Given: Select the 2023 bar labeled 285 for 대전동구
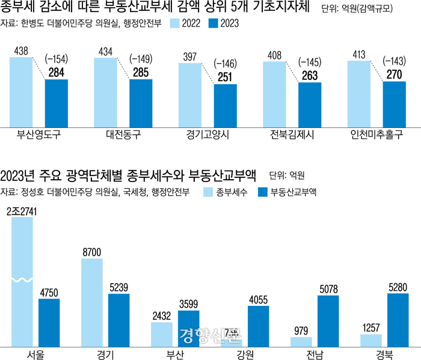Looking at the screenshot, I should (141, 103).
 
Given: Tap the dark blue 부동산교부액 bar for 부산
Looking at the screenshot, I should (189, 328).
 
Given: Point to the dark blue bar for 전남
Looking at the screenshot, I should (328, 321).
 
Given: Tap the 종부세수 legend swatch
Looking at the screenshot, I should (207, 192).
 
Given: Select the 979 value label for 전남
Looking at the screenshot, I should (301, 330).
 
